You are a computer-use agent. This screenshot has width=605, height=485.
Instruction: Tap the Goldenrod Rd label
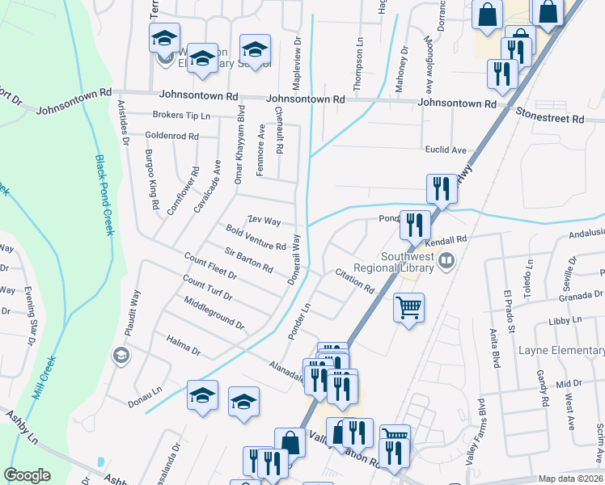pos(171,137)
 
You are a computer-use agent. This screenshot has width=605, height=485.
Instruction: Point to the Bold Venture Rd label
pos(256,238)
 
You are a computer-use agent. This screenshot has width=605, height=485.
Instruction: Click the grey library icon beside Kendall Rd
pos(446,260)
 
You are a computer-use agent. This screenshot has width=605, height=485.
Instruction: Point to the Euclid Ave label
pos(446,150)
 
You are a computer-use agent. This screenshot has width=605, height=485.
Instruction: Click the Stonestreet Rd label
pos(549,118)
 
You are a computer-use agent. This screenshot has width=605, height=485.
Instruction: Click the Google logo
pos(27,475)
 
